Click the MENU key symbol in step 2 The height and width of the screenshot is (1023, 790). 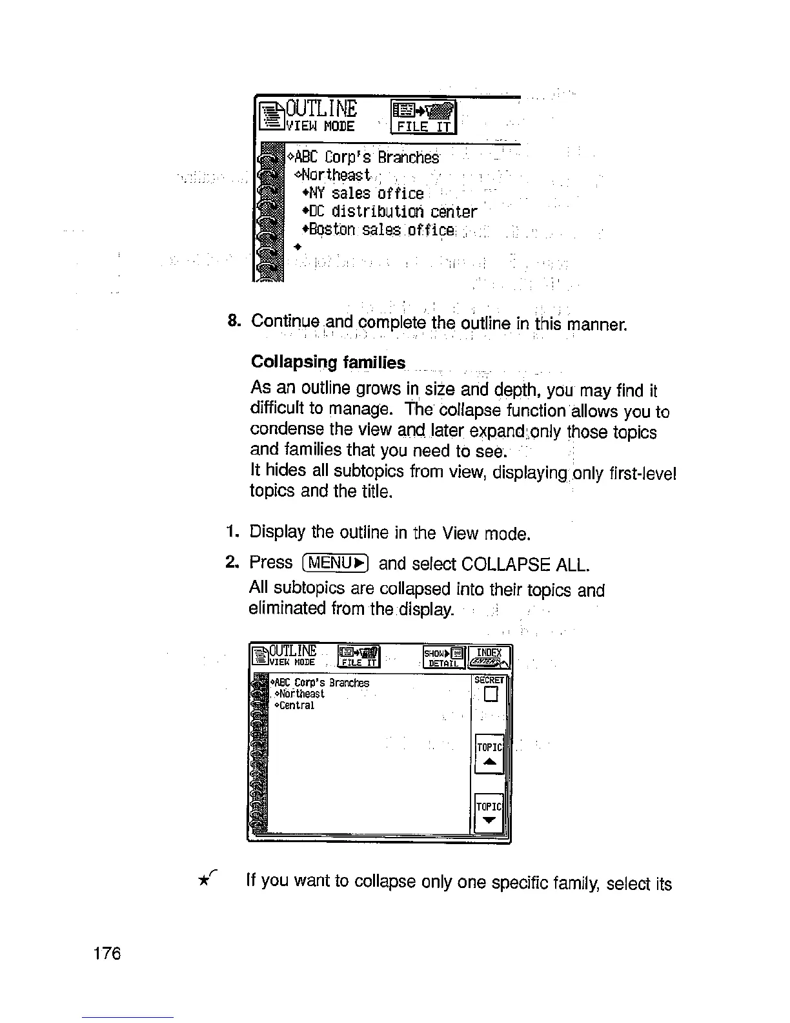(x=334, y=563)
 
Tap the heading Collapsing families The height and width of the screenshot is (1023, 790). (x=328, y=362)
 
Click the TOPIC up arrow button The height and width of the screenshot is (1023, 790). (x=489, y=754)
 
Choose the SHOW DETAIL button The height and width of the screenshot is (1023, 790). (x=443, y=657)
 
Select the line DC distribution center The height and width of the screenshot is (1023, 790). (x=389, y=212)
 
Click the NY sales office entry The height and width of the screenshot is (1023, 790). (x=363, y=193)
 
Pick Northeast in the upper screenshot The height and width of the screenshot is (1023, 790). (x=332, y=175)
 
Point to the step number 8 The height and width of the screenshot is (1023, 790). (x=234, y=320)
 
